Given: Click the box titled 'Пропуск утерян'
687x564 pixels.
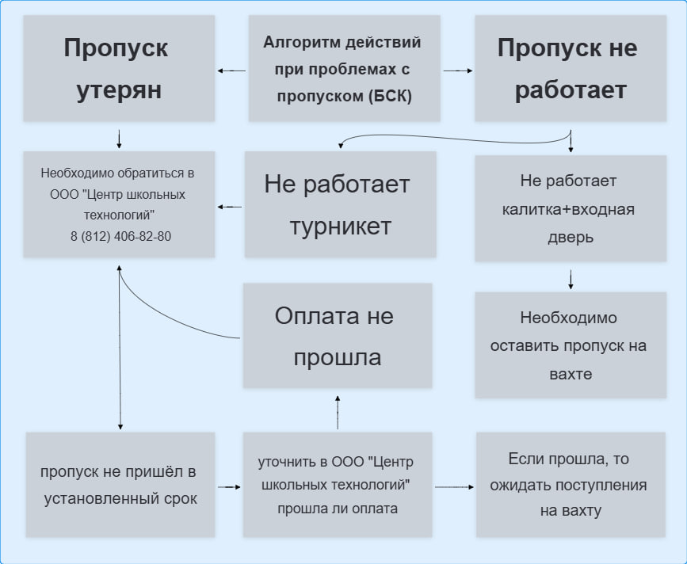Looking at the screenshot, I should [x=119, y=69].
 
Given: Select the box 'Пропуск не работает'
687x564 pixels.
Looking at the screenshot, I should [x=567, y=69].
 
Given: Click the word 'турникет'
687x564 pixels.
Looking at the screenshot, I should [x=340, y=227].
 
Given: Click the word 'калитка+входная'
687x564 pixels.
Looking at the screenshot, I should [x=569, y=209].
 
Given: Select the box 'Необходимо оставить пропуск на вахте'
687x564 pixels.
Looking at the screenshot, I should [x=569, y=345].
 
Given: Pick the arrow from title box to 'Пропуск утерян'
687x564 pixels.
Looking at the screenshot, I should [x=231, y=70].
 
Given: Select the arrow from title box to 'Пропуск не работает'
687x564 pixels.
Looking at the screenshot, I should [x=458, y=70].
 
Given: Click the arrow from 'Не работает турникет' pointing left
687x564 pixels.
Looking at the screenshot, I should [x=230, y=208].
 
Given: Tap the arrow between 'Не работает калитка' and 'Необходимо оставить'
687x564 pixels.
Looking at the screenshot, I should [x=571, y=279].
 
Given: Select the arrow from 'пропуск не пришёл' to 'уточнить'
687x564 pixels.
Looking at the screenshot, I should [x=228, y=486].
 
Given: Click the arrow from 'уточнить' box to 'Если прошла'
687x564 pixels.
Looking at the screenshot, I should [x=454, y=486].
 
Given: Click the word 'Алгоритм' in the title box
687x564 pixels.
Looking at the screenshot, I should [x=295, y=42].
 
